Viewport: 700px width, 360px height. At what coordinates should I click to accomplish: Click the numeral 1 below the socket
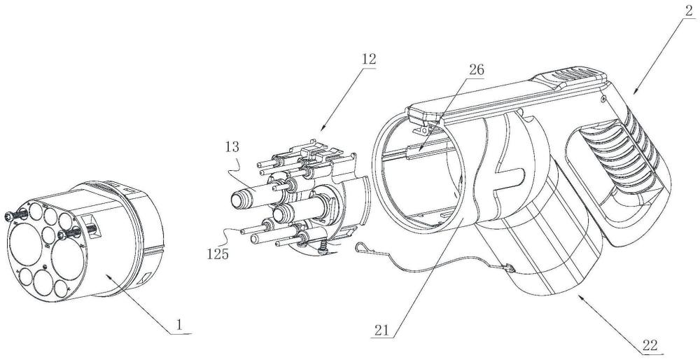click(x=181, y=326)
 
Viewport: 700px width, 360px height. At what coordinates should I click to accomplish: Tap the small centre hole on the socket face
click(x=44, y=266)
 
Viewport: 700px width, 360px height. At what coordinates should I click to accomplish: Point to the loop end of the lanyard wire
click(x=361, y=246)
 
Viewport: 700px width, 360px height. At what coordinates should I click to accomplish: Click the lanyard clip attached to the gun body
click(x=506, y=267)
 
